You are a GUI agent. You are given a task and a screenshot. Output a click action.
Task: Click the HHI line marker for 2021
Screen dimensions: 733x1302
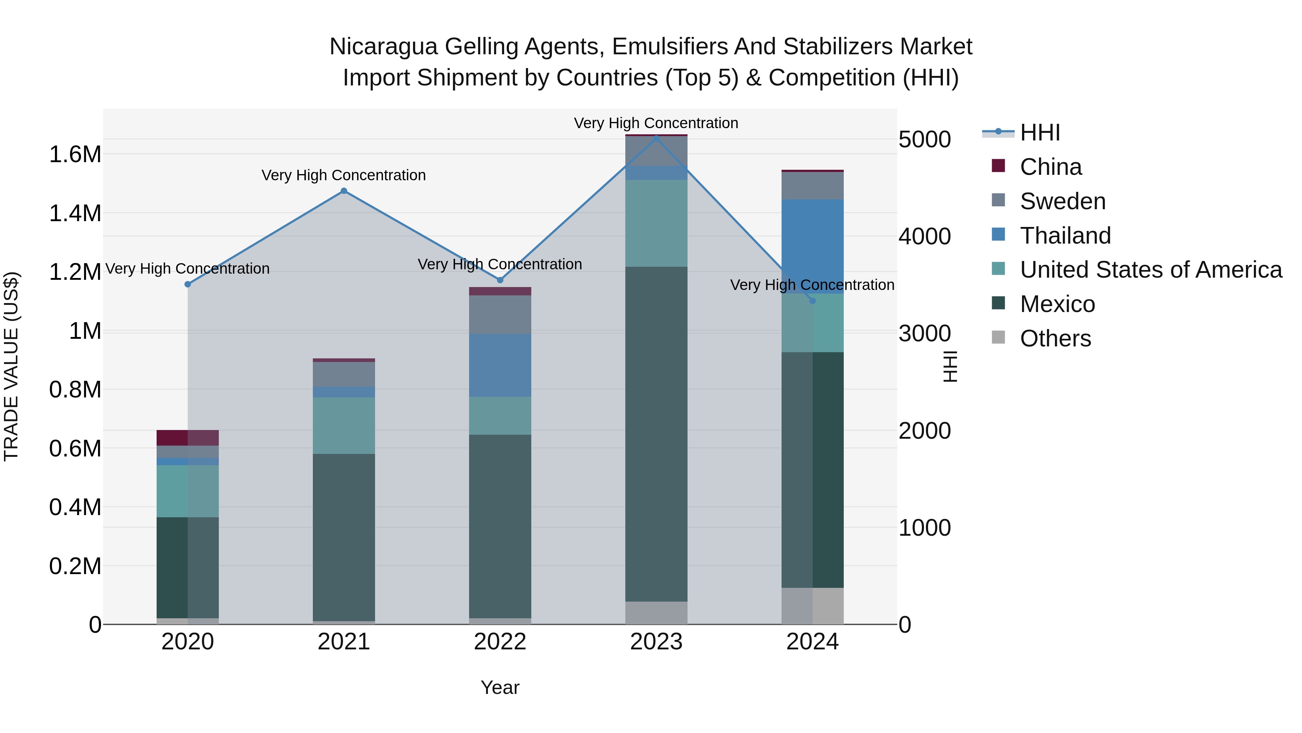(344, 191)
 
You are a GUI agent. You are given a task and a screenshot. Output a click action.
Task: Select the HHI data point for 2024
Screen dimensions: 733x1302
(812, 301)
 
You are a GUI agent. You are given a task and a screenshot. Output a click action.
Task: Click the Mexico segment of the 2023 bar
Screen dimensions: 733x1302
(656, 434)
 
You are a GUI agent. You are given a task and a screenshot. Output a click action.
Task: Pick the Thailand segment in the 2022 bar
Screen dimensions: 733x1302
(500, 365)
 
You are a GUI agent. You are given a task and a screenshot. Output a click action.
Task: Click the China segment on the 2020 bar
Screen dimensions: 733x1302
(187, 438)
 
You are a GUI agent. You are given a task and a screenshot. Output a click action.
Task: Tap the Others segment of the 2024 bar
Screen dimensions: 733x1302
(812, 606)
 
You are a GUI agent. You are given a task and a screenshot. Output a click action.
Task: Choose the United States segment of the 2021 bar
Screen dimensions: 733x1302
(344, 425)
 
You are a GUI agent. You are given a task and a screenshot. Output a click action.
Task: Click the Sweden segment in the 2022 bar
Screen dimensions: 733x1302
(500, 314)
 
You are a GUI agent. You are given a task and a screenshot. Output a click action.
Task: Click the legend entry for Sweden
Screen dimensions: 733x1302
(1063, 201)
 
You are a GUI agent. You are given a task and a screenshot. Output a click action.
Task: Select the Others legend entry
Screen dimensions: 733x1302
(1055, 338)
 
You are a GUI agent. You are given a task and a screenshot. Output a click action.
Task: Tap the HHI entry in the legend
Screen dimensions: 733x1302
(1040, 132)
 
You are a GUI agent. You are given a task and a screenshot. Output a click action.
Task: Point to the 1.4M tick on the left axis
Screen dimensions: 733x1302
(75, 213)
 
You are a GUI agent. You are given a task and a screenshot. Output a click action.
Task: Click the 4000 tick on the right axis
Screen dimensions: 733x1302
(924, 236)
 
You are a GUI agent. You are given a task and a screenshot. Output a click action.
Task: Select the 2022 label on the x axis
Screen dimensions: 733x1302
(500, 642)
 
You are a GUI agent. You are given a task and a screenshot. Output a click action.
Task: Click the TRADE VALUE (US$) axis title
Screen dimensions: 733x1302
(11, 366)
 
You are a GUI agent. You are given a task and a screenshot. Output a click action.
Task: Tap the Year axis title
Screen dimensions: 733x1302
(500, 687)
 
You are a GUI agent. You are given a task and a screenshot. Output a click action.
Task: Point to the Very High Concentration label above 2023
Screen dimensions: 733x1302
(656, 123)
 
